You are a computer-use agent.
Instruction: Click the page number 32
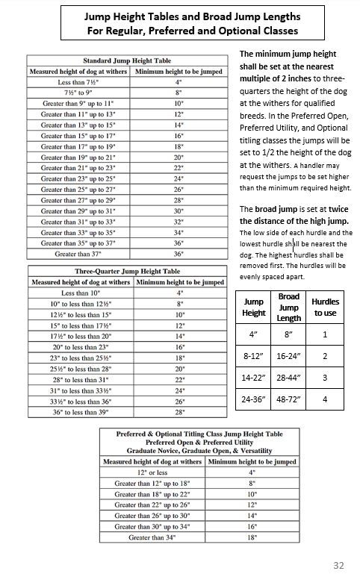(338, 563)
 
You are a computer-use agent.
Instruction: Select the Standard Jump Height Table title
(125, 60)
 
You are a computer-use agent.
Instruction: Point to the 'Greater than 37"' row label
(79, 253)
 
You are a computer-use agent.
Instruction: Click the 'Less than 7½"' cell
(79, 82)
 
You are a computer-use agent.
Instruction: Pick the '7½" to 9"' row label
(79, 93)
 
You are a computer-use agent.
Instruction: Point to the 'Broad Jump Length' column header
(289, 307)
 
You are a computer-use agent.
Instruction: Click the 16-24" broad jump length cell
(289, 356)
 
